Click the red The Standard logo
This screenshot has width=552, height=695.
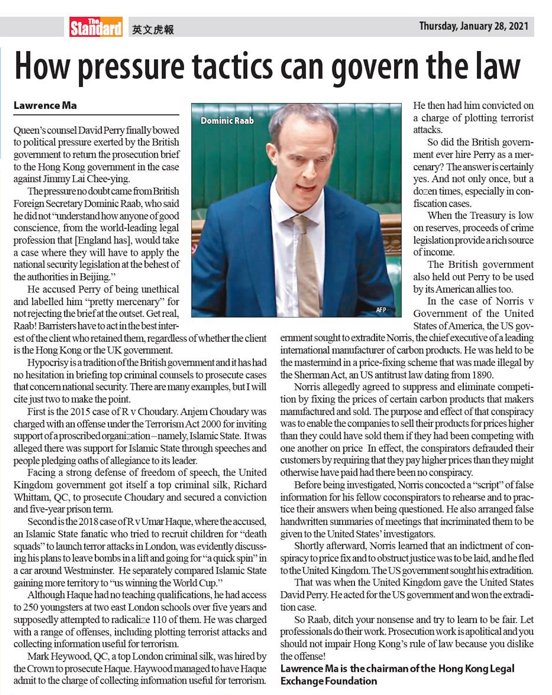click(96, 27)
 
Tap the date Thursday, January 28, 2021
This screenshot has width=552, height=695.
click(474, 26)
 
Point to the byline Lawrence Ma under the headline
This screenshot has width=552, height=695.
click(45, 106)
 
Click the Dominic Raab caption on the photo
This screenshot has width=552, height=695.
click(227, 121)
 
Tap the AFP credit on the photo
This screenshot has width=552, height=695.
click(381, 310)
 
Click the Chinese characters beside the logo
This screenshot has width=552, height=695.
click(153, 30)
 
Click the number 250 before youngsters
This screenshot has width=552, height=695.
click(31, 607)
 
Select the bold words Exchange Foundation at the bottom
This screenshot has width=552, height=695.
click(328, 681)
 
